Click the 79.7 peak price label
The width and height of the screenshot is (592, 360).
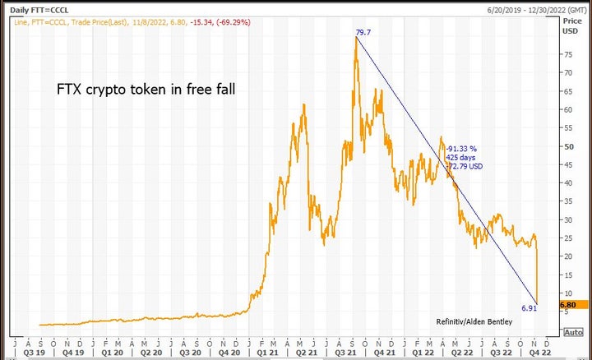pos(363,33)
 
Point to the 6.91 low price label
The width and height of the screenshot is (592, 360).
pos(529,308)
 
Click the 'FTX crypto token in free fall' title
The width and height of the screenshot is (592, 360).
pos(145,87)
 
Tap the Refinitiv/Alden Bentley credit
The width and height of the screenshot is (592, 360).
pos(473,321)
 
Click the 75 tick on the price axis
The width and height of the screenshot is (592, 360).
pos(567,55)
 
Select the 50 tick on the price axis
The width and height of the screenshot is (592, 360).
pos(567,146)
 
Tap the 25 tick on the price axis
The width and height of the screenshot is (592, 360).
pos(567,238)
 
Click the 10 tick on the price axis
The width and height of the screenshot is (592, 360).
pos(567,293)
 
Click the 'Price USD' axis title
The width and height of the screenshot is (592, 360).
pos(570,25)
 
